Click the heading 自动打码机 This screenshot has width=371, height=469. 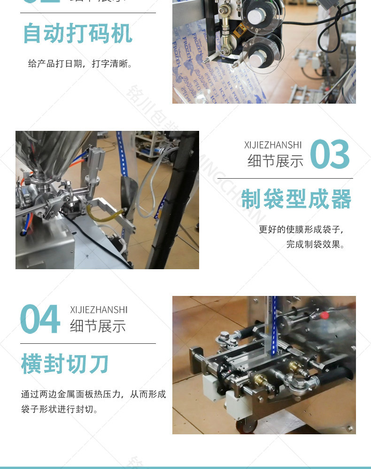click(x=77, y=33)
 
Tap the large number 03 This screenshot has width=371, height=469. click(x=330, y=154)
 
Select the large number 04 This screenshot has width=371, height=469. click(x=40, y=319)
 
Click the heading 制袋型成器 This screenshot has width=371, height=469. click(x=296, y=200)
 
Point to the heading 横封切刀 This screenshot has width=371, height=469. click(x=65, y=364)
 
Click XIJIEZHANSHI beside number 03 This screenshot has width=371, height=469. click(x=273, y=145)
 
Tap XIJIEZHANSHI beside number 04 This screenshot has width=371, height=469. click(x=99, y=310)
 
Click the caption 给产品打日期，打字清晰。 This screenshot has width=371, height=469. click(x=80, y=63)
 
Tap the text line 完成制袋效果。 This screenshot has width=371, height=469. click(x=315, y=244)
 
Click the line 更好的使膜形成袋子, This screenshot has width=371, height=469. click(x=302, y=230)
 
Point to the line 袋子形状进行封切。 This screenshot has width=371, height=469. click(x=60, y=409)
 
